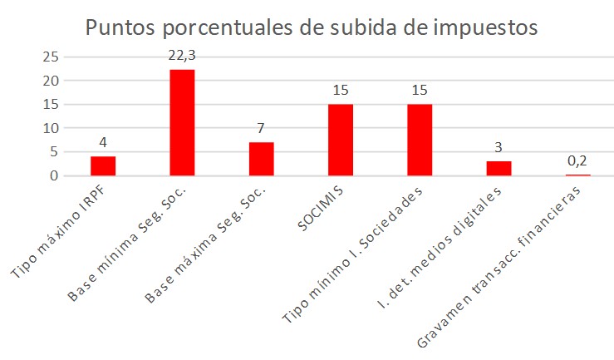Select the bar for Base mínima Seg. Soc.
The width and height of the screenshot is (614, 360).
tap(182, 123)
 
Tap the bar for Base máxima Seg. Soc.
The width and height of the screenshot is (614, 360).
tap(261, 159)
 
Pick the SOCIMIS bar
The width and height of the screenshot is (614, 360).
tap(341, 140)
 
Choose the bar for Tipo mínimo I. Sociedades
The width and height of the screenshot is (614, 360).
tap(420, 140)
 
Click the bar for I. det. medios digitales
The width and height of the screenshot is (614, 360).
tap(499, 169)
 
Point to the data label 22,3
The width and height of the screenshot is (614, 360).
tap(182, 55)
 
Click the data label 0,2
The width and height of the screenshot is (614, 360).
tap(577, 160)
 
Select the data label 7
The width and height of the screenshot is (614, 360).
tap(261, 128)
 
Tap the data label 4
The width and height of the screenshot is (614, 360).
tap(103, 142)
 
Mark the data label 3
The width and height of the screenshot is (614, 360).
tap(499, 147)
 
